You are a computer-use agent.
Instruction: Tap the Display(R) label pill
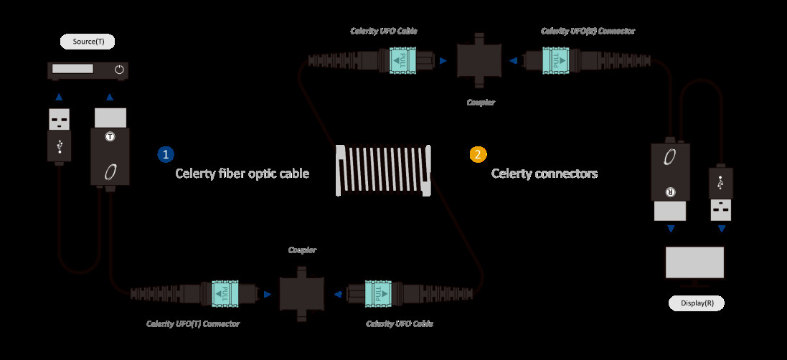[x=696, y=303]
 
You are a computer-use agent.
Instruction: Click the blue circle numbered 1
[x=166, y=153]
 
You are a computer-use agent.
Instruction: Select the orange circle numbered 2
[x=478, y=153]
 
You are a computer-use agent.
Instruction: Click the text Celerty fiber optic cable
[x=242, y=174]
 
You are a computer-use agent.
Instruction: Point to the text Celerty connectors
[x=545, y=174]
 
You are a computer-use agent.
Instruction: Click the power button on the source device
[x=119, y=70]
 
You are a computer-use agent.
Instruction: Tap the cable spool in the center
[x=384, y=171]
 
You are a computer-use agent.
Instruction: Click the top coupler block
[x=480, y=61]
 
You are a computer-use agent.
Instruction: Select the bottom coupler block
[x=302, y=293]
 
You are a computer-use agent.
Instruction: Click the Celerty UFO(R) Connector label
[x=588, y=31]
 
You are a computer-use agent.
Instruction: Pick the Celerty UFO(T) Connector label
[x=193, y=323]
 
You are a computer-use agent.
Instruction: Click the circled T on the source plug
[x=110, y=136]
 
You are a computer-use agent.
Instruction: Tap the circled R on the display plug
[x=669, y=192]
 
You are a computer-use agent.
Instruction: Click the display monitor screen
[x=694, y=262]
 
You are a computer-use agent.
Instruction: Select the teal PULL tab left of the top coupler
[x=402, y=61]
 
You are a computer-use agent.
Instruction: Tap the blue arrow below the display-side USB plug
[x=721, y=229]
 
